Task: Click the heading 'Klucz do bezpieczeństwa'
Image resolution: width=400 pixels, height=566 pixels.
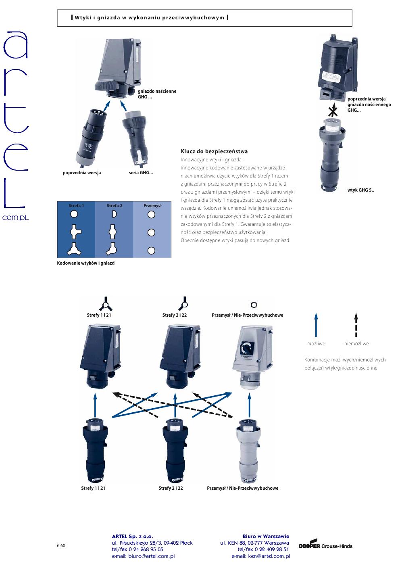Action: point(214,152)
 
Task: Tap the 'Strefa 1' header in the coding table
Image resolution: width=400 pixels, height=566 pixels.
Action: point(76,206)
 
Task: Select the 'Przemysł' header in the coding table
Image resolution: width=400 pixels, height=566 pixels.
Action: point(152,206)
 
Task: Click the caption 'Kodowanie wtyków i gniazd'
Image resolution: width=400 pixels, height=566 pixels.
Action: point(85,263)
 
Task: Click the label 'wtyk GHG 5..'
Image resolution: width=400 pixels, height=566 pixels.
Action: point(360,190)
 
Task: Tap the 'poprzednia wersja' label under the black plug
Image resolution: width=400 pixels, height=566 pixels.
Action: point(82,173)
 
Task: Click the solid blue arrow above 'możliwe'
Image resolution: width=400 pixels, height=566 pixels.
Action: point(316,325)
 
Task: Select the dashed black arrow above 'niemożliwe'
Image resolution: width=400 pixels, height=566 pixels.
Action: point(356,325)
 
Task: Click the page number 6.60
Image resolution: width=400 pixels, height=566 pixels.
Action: point(61,545)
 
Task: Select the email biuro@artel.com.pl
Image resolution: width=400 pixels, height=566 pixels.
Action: point(143,556)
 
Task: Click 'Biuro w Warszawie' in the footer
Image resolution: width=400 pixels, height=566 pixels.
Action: point(266,536)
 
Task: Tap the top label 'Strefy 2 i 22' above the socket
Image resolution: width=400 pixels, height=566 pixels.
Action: point(175,315)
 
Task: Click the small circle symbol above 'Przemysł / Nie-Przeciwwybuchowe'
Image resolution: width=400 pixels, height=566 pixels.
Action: point(254,305)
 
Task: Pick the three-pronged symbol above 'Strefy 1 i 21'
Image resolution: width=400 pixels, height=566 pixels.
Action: point(105,303)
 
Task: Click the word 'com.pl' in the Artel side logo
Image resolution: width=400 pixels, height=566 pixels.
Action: point(16,217)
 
